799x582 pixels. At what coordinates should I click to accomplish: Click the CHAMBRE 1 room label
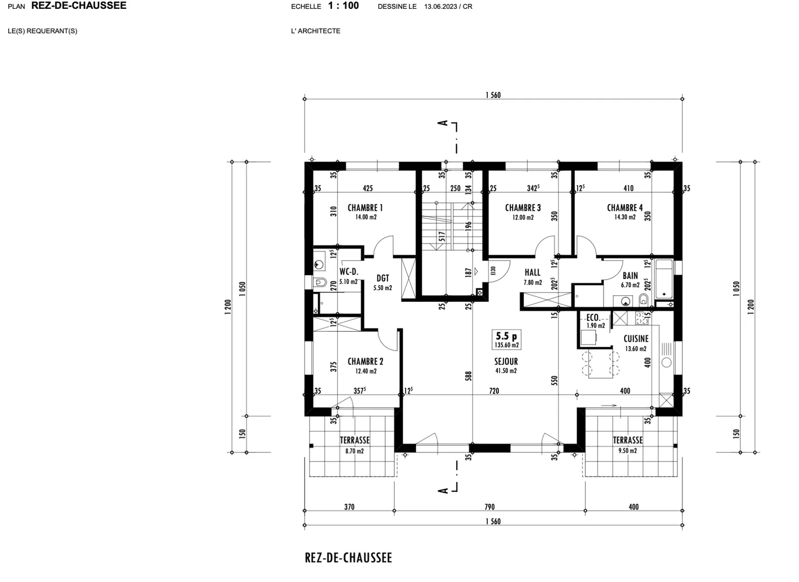point(365,208)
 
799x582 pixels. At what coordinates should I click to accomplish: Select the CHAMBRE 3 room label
point(523,208)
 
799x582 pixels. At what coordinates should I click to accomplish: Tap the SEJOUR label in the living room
point(506,361)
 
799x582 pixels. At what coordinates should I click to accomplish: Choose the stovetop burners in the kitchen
point(643,318)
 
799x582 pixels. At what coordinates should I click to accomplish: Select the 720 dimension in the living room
point(494,391)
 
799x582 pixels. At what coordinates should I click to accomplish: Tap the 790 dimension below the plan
point(489,507)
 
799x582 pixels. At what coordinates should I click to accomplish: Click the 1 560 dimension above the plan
point(493,95)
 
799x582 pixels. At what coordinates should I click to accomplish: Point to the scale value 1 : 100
point(343,6)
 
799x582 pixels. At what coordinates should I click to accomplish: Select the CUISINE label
point(636,338)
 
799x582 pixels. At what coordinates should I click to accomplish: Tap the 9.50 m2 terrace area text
point(628,451)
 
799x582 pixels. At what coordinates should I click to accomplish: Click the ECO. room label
point(593,318)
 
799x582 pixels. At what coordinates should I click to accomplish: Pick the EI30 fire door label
point(493,271)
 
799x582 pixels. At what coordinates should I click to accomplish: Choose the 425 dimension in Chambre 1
point(367,189)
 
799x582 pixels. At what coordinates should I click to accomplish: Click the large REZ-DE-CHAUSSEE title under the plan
point(348,558)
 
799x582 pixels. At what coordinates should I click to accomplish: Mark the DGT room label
point(383,279)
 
